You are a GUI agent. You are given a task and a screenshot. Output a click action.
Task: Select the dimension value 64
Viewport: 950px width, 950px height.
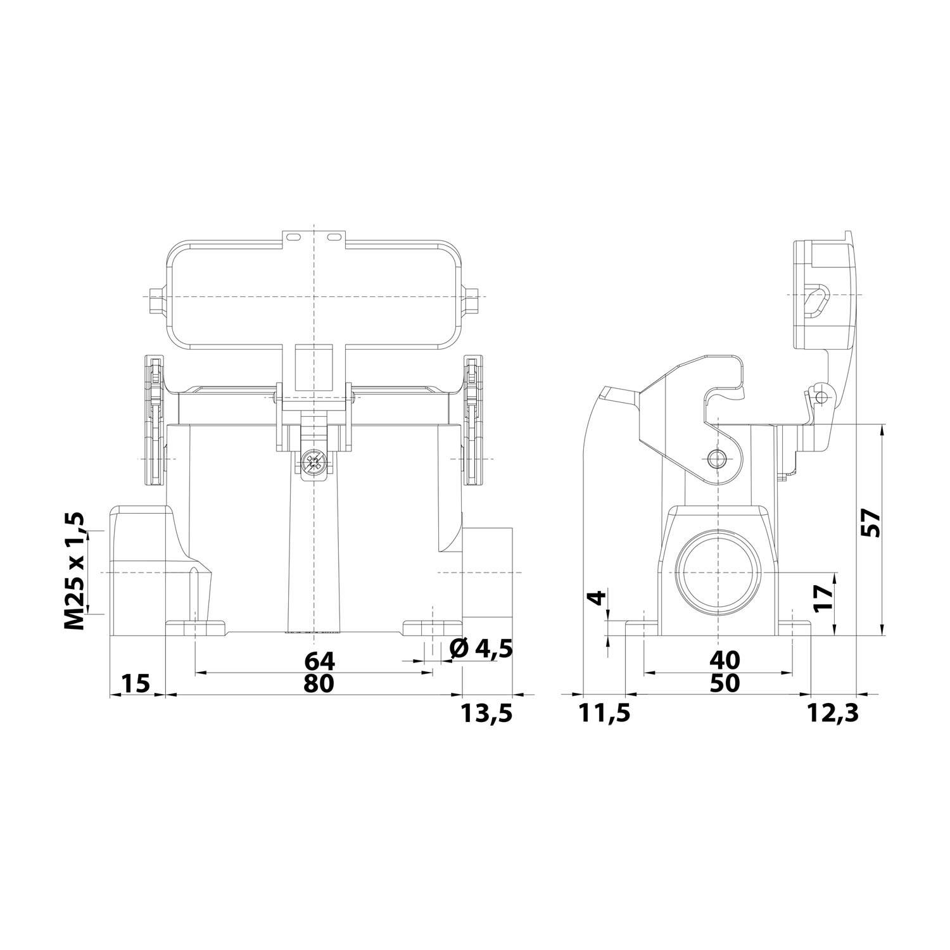319,661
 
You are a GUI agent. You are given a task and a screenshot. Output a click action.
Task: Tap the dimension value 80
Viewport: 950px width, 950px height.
319,683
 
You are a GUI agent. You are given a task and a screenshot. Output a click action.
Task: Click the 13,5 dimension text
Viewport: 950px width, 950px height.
486,713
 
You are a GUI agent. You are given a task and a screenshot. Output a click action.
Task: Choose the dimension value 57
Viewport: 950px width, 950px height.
873,523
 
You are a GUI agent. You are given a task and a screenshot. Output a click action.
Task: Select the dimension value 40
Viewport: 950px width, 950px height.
725,661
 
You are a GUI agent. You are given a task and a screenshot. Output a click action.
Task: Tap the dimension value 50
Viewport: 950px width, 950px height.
725,683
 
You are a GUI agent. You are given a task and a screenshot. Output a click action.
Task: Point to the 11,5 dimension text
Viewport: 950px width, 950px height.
605,713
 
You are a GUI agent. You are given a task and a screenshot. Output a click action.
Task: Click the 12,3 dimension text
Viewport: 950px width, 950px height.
833,713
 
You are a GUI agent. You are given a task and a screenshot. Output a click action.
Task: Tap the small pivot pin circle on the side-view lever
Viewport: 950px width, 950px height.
716,459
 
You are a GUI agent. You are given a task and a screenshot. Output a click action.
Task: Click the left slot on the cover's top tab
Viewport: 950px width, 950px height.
293,237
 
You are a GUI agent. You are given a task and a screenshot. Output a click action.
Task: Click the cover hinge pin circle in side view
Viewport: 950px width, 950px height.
821,397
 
